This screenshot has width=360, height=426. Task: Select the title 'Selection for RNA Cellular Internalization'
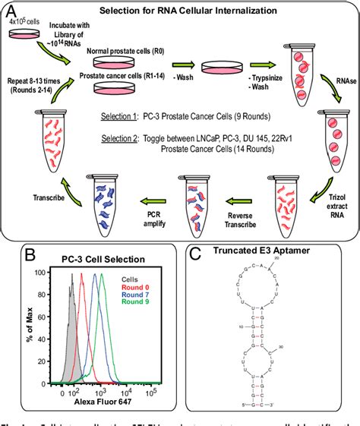pyautogui.click(x=189, y=9)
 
